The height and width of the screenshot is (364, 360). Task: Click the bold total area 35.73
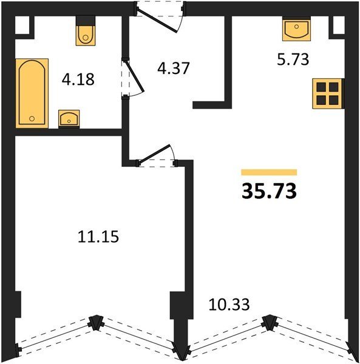pos(269,191)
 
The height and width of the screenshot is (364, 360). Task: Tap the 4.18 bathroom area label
pos(78,79)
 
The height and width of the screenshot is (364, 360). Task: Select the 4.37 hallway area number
pos(174,68)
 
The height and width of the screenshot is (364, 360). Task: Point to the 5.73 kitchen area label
pos(293,59)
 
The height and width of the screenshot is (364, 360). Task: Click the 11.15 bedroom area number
pos(98,237)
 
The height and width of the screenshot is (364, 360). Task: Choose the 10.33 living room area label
pos(229,305)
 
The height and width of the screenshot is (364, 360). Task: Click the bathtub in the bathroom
pos(32,93)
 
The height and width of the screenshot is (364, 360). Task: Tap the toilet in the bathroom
pos(86,30)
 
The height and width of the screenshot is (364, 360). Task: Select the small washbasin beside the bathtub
pos(69,119)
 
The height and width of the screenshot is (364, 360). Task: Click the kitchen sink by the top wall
pos(296,29)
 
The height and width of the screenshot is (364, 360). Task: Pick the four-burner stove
pos(327,93)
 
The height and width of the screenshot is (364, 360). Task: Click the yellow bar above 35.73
pos(269,172)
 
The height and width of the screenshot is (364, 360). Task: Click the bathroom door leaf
pos(135,76)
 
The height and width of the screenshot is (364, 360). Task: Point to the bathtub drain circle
pos(32,119)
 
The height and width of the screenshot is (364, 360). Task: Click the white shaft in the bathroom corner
pos(22,25)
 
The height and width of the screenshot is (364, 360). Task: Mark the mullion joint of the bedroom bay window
pos(95,323)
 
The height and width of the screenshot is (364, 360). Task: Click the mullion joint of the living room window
pos(270,322)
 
